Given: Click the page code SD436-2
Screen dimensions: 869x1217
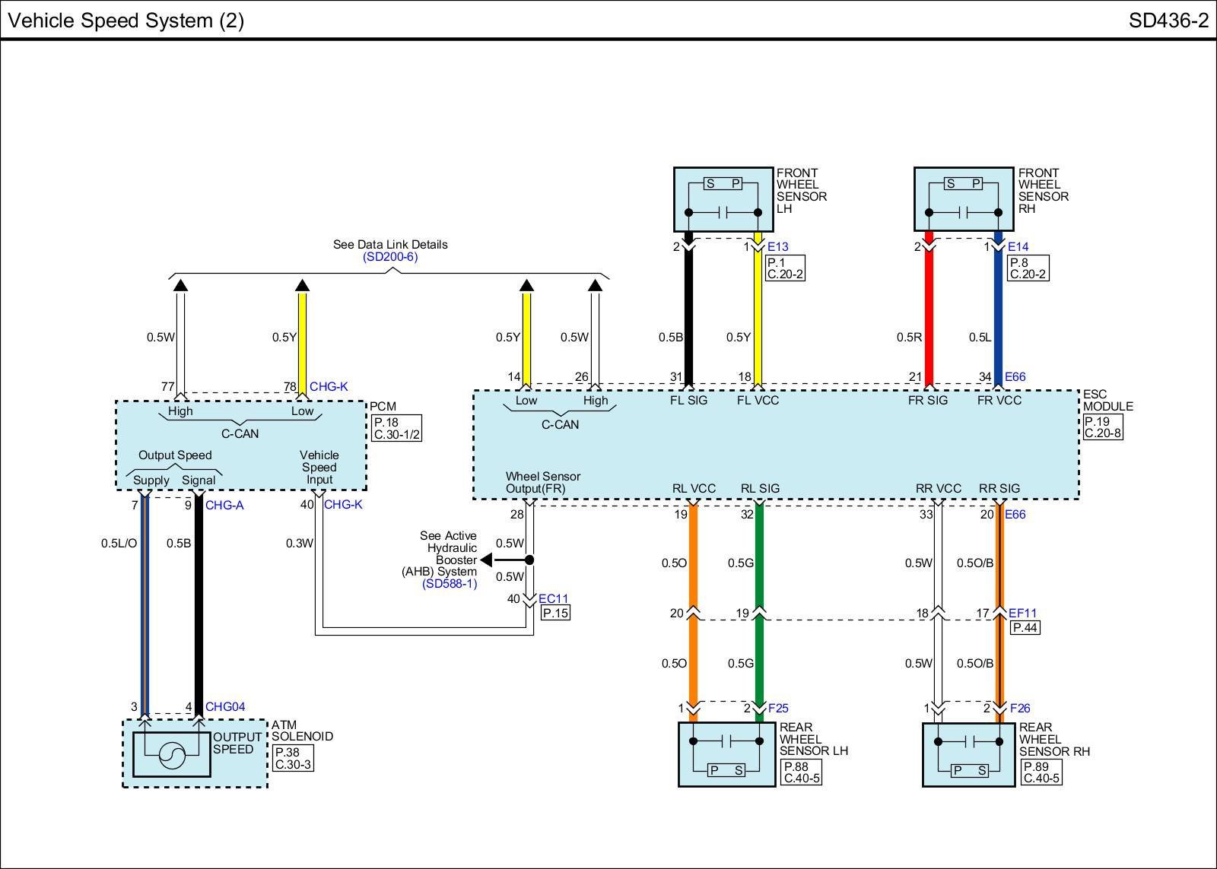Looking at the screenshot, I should [1168, 21].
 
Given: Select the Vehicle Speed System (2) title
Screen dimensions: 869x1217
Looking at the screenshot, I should [126, 21].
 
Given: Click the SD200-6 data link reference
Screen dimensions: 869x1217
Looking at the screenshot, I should [390, 257].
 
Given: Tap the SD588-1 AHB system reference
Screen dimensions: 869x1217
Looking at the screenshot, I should [450, 584].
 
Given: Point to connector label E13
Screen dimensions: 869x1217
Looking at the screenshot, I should [778, 247].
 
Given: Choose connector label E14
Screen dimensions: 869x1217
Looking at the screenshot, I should [1018, 247].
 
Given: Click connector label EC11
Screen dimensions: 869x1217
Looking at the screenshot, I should [553, 599].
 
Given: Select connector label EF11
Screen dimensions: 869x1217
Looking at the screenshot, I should [1022, 614].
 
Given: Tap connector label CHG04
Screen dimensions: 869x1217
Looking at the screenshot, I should [225, 707].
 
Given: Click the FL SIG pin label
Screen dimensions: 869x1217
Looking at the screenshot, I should [688, 401].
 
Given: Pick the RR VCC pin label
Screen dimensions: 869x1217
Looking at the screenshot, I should [939, 489].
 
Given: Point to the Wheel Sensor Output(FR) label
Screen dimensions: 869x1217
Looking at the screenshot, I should [542, 483].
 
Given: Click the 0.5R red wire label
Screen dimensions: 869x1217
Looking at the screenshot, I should [909, 338].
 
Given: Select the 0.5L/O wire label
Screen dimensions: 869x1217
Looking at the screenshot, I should [119, 544].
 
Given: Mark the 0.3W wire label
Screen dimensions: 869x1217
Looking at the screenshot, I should [299, 544].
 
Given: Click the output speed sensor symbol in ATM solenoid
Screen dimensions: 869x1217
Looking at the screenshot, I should [172, 754].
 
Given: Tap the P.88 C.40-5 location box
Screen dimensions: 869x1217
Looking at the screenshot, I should [802, 772].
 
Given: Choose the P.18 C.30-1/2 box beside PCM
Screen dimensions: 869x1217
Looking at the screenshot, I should [396, 429].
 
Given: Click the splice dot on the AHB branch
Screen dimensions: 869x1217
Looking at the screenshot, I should [530, 560].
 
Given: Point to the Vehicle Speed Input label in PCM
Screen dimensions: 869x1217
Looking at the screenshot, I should [319, 468].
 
